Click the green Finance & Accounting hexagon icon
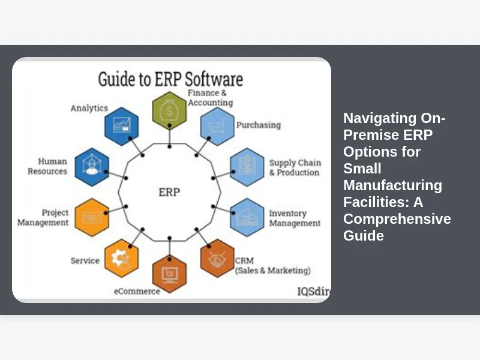(x=169, y=110)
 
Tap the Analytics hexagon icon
(x=122, y=126)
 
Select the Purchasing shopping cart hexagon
(x=217, y=127)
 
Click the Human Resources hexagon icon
(x=92, y=166)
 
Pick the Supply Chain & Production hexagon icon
(x=247, y=166)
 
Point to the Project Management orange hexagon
(x=92, y=217)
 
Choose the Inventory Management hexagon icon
(x=247, y=217)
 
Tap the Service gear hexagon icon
(x=122, y=258)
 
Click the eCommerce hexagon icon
(x=169, y=273)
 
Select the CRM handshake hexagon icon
(x=217, y=258)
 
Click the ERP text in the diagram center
(x=169, y=193)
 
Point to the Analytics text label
(x=89, y=108)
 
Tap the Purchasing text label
(x=258, y=125)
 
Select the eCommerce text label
(x=137, y=291)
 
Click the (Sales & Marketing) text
(x=274, y=271)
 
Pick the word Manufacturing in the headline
(x=392, y=185)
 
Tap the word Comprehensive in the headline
(x=397, y=219)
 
